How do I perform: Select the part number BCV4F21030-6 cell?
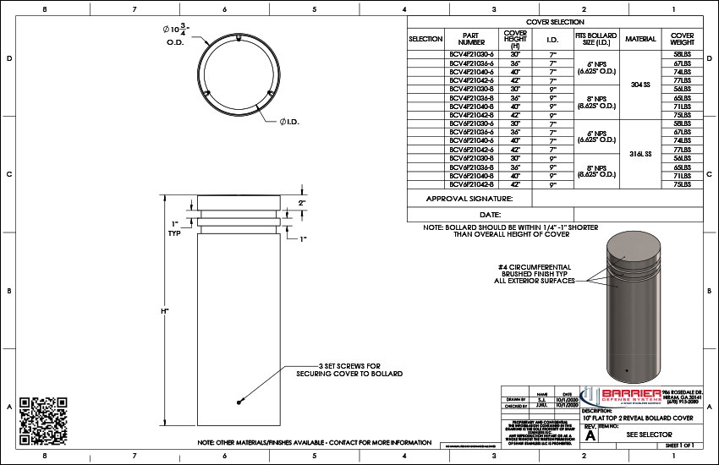tap(471, 55)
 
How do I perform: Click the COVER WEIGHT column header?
tap(682, 39)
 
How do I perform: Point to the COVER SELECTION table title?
tap(555, 22)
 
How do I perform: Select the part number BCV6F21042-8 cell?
tap(471, 183)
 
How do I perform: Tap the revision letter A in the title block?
tap(590, 436)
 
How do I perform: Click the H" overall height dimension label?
tap(165, 311)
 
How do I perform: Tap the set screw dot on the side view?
tap(239, 401)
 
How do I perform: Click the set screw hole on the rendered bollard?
tap(624, 370)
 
